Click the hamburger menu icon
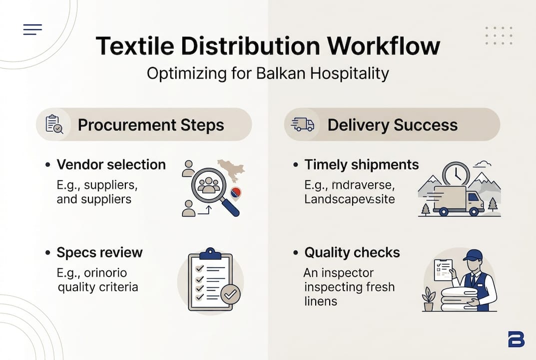(x=32, y=29)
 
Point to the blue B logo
(x=516, y=339)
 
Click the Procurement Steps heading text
(x=151, y=125)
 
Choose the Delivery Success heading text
(x=393, y=125)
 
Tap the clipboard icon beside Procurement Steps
(x=54, y=124)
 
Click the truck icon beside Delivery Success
(x=302, y=124)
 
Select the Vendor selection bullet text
(x=111, y=164)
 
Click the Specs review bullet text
(x=99, y=252)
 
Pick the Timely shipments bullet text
(x=362, y=164)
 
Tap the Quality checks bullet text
(x=352, y=252)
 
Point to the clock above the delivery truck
(x=456, y=174)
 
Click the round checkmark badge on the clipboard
(x=230, y=294)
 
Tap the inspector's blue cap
(x=472, y=255)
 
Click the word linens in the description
(x=320, y=301)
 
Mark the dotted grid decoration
(x=499, y=36)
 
